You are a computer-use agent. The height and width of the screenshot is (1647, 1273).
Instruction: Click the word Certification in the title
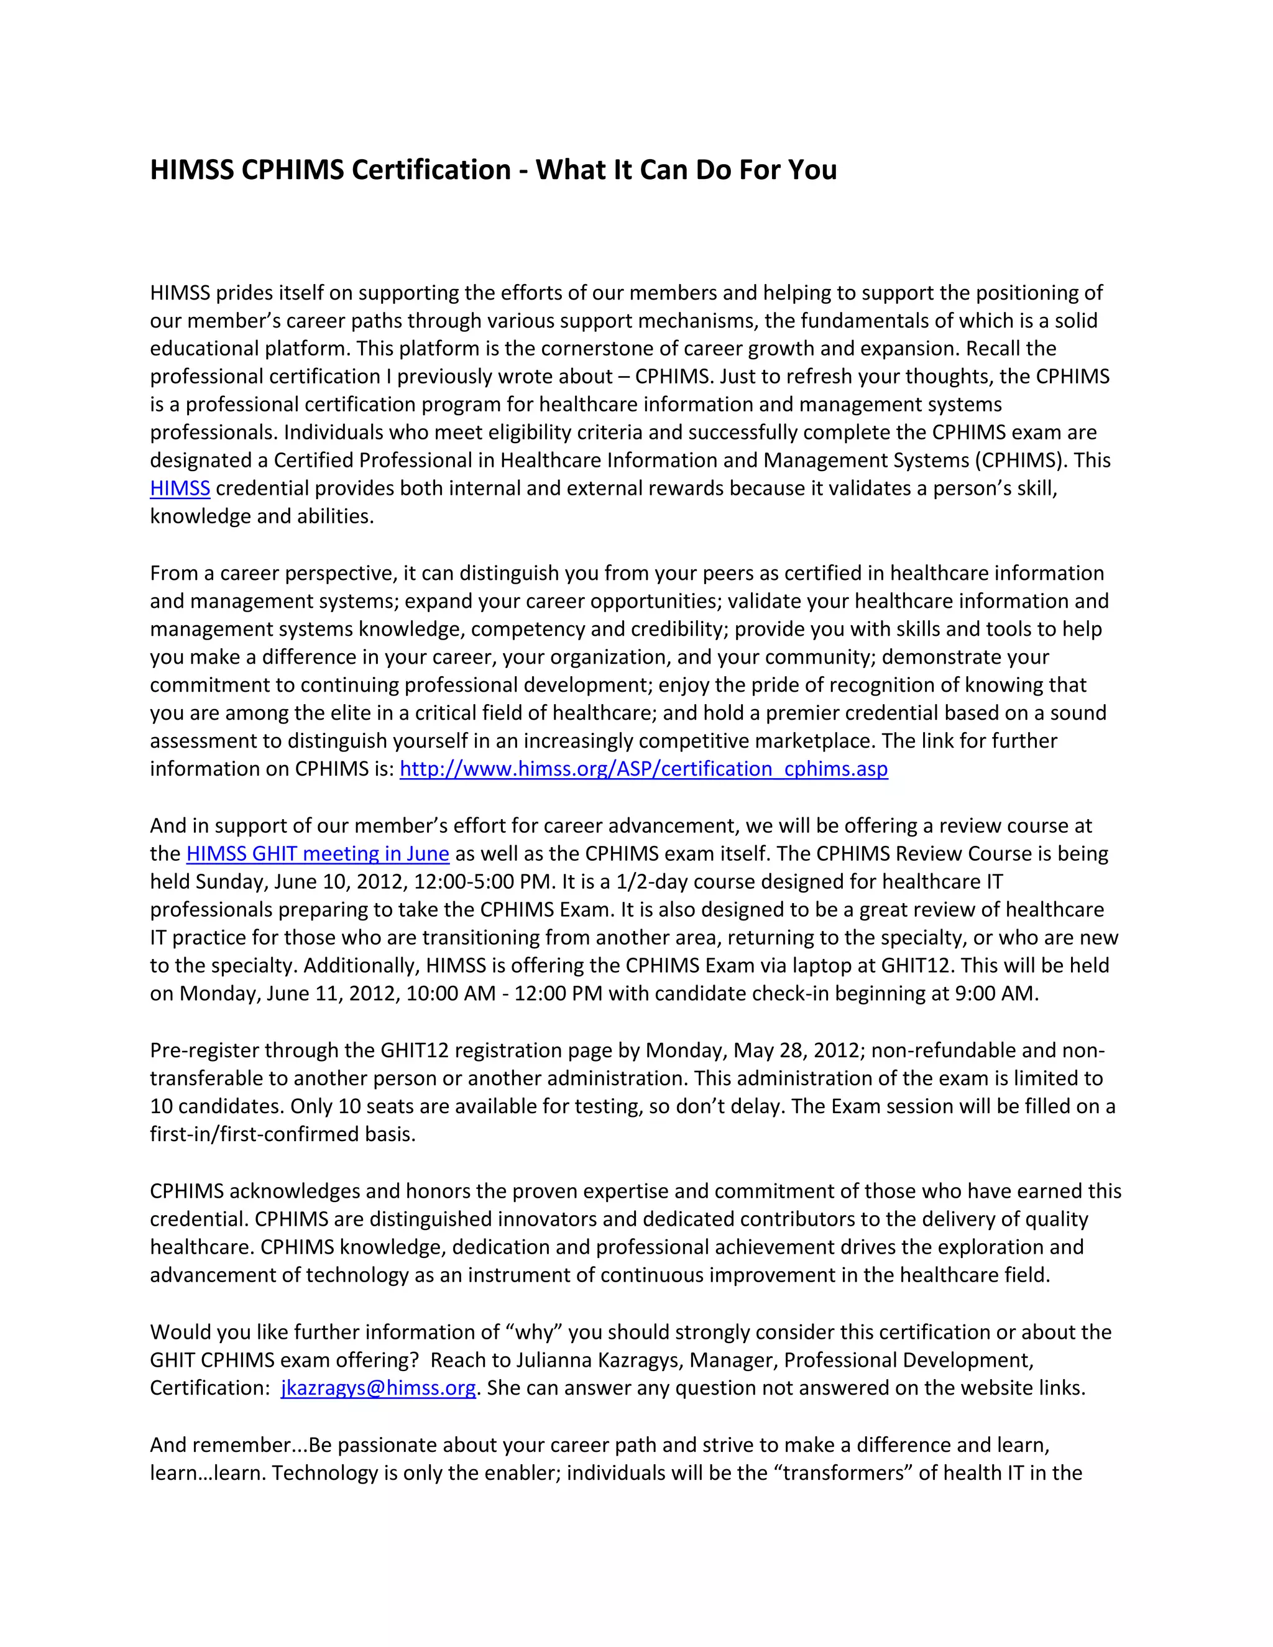coord(431,170)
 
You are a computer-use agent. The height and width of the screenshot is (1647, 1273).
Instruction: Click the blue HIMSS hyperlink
coord(180,489)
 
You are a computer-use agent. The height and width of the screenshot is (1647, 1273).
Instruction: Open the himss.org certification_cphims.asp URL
coord(643,769)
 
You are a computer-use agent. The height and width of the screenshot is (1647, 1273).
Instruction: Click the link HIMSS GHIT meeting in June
coord(318,854)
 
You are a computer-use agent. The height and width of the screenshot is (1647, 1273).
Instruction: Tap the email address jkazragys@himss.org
coord(378,1388)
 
